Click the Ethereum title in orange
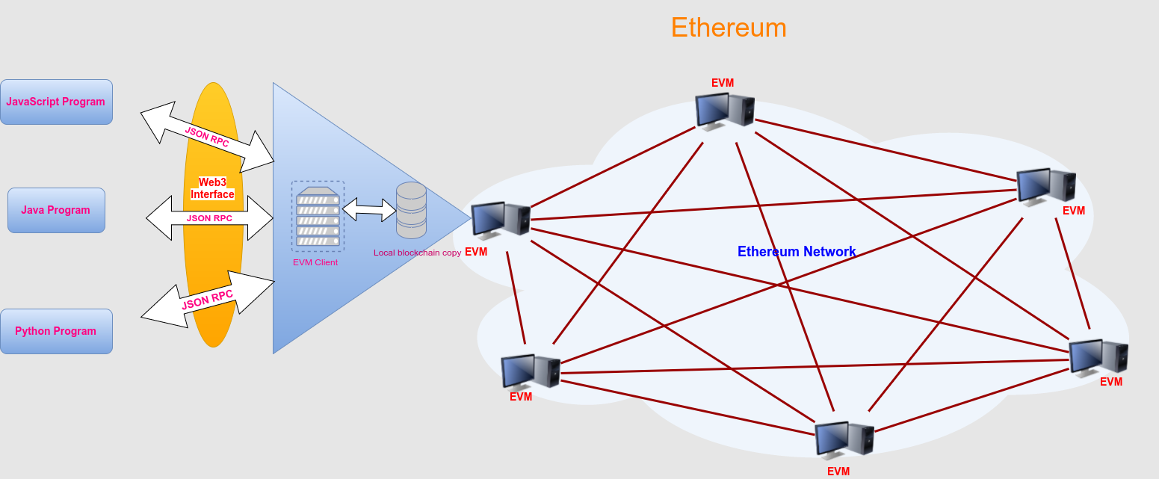point(729,28)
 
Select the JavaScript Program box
point(56,102)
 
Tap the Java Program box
point(56,210)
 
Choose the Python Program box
point(56,331)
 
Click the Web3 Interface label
point(213,188)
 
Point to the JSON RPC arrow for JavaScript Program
point(207,137)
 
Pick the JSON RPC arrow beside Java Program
point(209,218)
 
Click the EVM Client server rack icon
point(318,216)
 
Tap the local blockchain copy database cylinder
point(411,210)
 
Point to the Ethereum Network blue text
point(797,252)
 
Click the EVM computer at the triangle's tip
point(500,221)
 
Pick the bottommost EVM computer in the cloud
point(844,439)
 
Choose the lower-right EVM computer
point(1098,356)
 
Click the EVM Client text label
point(315,262)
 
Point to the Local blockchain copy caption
point(417,253)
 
